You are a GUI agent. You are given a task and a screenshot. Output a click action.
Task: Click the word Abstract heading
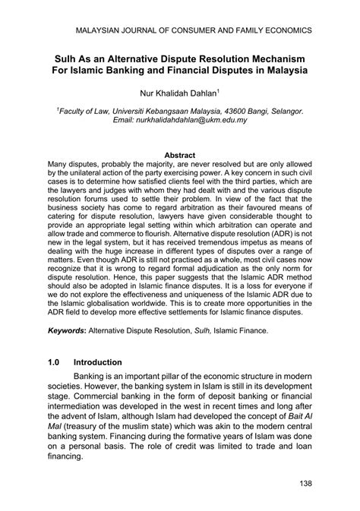coord(180,154)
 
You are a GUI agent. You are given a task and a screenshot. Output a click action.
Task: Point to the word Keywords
coord(65,331)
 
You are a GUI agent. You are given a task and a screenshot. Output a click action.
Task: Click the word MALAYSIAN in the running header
coord(106,32)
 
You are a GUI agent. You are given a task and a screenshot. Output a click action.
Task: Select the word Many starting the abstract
coord(61,164)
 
